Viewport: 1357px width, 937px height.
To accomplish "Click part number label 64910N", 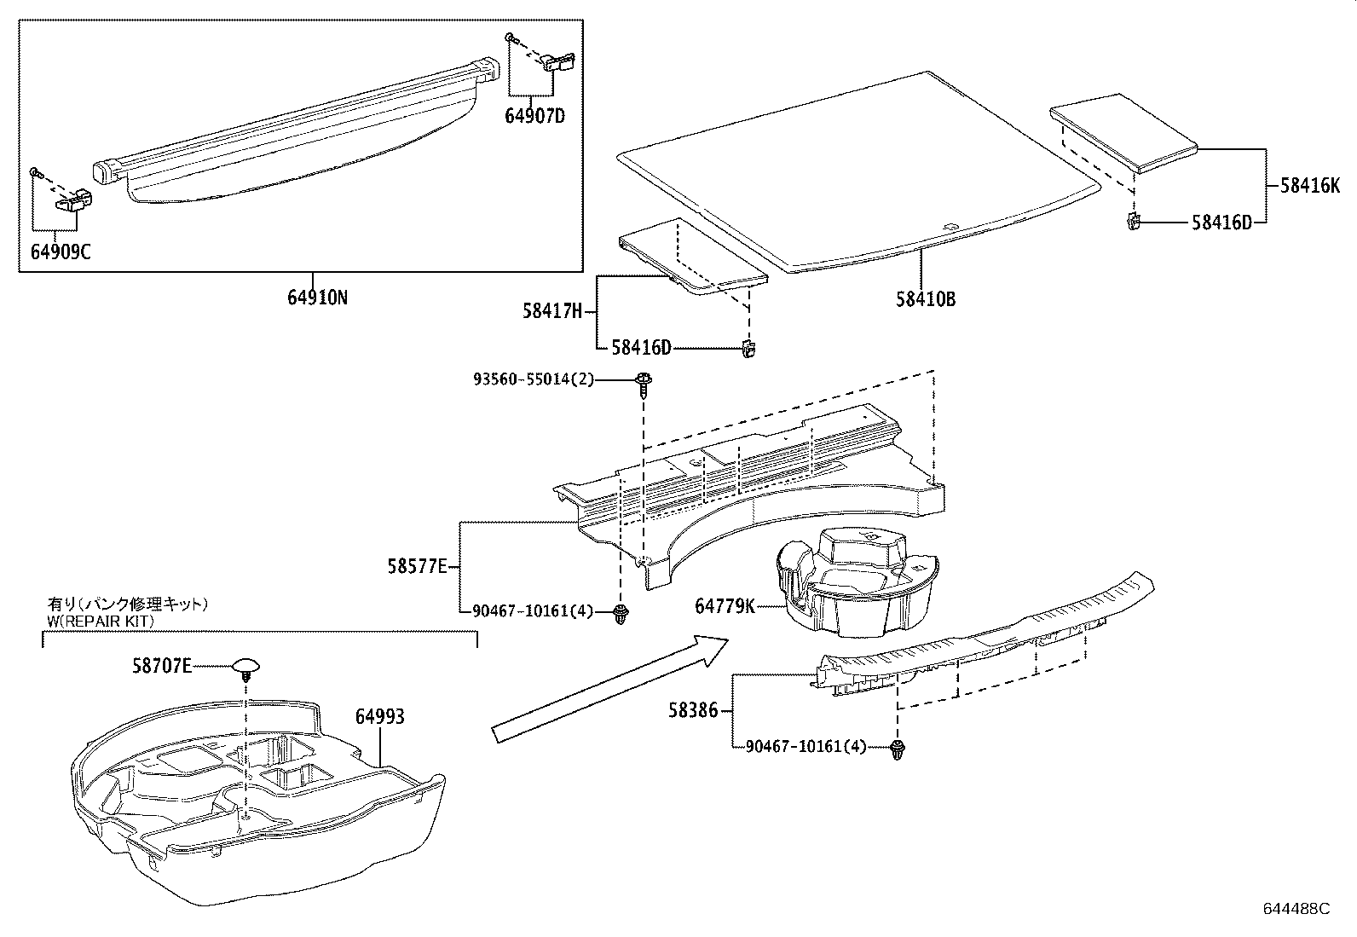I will (x=317, y=298).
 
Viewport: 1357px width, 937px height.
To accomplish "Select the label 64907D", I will (x=535, y=115).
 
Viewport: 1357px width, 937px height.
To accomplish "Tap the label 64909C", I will (x=61, y=252).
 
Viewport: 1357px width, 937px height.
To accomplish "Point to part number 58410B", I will (x=925, y=299).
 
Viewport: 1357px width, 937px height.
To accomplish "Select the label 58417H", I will (x=551, y=312).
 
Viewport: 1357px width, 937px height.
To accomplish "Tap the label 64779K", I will (x=725, y=606).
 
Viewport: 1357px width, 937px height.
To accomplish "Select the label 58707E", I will (x=162, y=666).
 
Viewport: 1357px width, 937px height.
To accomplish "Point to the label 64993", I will (x=379, y=717).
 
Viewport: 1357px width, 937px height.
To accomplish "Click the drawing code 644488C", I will (x=1296, y=909).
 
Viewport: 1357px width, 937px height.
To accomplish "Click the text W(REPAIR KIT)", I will (x=100, y=622).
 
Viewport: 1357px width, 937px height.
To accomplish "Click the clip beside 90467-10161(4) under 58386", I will (x=897, y=750).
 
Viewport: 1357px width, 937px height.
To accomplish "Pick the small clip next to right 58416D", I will (x=1133, y=223).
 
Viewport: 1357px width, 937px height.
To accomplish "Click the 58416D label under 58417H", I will (x=641, y=348).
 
